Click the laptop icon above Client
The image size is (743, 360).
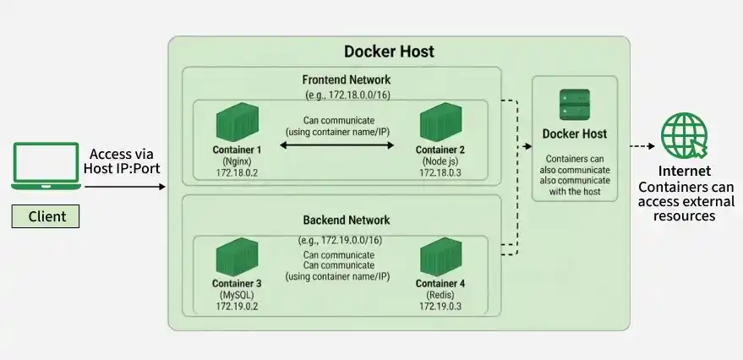click(46, 166)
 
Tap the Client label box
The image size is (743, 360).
click(46, 216)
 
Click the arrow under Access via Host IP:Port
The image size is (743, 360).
click(125, 187)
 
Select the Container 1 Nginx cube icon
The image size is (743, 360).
click(238, 122)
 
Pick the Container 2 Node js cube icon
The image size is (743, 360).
click(440, 122)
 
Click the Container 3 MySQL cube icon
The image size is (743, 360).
click(237, 257)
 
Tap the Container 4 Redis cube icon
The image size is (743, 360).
click(440, 257)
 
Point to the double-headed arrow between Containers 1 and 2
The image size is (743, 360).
click(337, 145)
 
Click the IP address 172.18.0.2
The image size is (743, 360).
click(237, 172)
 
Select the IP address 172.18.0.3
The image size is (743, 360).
click(440, 172)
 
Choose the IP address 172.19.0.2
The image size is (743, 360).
click(237, 306)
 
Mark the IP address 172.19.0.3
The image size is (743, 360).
click(440, 306)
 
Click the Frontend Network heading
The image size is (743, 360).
click(347, 79)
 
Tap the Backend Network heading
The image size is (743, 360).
click(347, 220)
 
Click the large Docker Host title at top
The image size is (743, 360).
click(389, 52)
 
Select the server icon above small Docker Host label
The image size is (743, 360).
click(575, 104)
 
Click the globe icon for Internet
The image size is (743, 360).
click(685, 135)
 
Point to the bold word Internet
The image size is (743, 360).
click(685, 171)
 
